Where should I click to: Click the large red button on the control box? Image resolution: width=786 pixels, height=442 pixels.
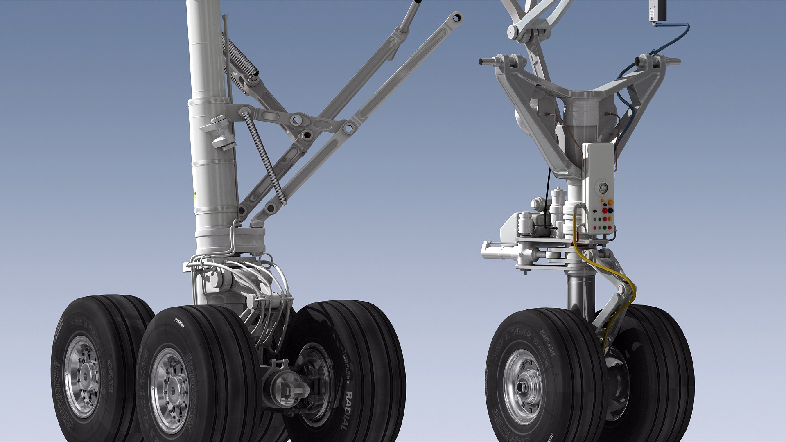pos(605,210)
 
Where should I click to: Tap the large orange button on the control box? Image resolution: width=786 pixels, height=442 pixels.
pos(610,202)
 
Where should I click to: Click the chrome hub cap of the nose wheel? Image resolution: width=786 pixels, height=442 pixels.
pos(522,387)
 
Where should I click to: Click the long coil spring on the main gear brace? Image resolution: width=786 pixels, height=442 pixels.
pos(264,158)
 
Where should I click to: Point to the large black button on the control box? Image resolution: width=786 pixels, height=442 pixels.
pos(611,210)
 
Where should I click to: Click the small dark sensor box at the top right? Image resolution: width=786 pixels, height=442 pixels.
pos(658,10)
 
